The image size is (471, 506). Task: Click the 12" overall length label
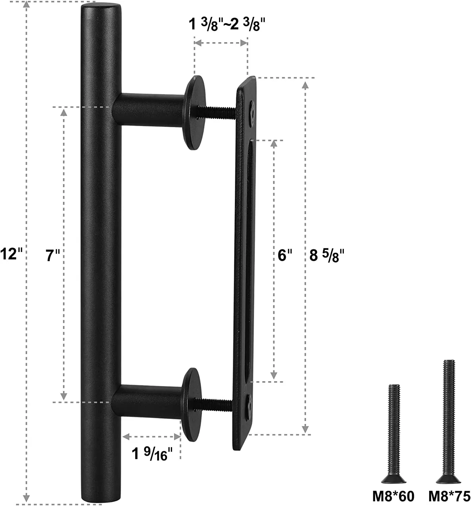[12, 253]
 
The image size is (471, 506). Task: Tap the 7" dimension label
[53, 255]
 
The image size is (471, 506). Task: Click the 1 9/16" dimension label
[153, 453]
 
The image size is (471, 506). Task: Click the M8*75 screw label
[449, 496]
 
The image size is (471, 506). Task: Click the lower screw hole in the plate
[249, 402]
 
